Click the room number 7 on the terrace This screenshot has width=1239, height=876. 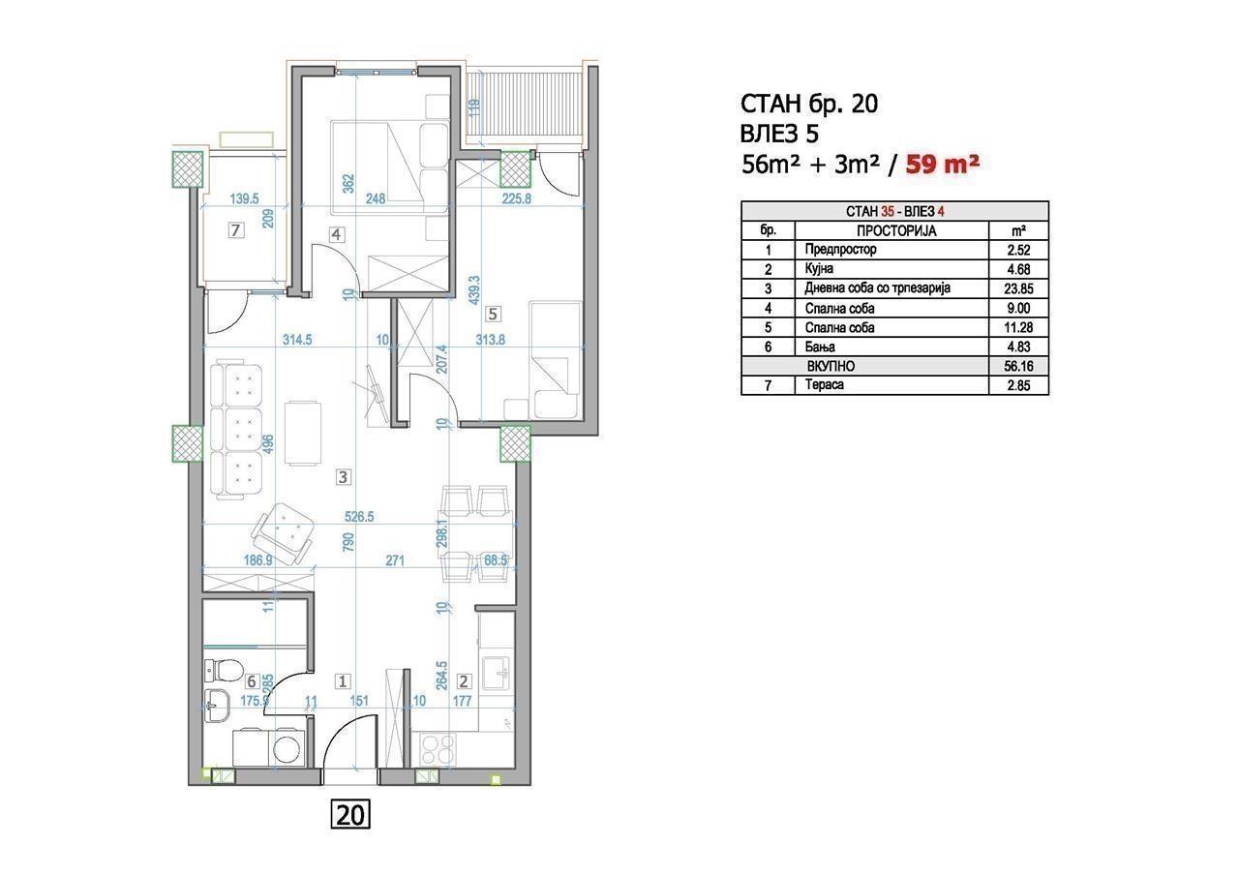[236, 229]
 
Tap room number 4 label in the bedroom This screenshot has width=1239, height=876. [336, 234]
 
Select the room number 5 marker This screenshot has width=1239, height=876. [493, 315]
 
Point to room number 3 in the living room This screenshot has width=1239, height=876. [343, 476]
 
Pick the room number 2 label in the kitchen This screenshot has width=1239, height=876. [464, 681]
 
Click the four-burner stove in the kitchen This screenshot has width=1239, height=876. [438, 748]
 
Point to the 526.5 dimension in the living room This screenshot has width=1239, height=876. [359, 517]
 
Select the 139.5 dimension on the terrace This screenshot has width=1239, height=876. [245, 198]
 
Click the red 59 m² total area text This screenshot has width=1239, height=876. [943, 165]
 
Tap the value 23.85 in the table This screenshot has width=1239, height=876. [1018, 288]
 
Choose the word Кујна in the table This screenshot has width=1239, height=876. [819, 269]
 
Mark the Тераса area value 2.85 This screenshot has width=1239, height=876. [1018, 385]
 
